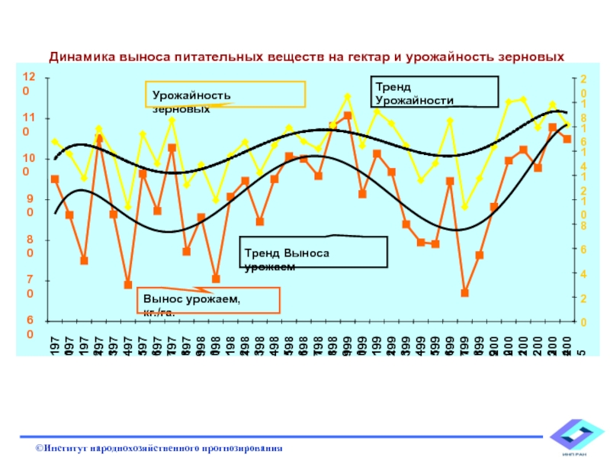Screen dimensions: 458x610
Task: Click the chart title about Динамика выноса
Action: pos(307,56)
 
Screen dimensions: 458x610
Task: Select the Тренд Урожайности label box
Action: pos(434,91)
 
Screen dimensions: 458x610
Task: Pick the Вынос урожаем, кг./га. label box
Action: pos(209,301)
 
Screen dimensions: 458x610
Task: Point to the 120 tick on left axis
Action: pos(28,84)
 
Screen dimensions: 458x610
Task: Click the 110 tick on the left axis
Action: pos(28,124)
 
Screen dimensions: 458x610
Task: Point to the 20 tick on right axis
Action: pos(583,85)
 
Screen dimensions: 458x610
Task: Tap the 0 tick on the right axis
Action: pos(583,322)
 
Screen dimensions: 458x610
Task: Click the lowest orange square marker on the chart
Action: pos(464,293)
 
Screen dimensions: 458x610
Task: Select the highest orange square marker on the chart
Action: pos(348,115)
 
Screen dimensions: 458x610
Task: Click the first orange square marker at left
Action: pos(55,179)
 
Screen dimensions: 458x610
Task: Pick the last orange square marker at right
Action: pos(567,139)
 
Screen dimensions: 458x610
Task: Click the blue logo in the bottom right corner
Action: pos(576,437)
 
